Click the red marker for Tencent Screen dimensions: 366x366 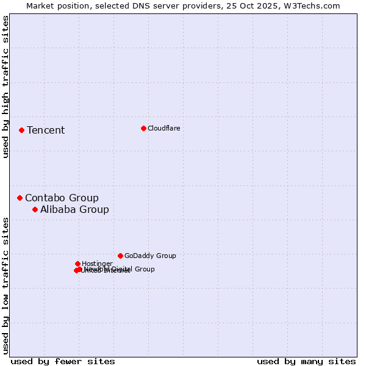(21, 130)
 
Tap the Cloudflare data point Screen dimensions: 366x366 (143, 128)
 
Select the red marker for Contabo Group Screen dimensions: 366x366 (20, 198)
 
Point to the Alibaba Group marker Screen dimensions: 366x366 (35, 209)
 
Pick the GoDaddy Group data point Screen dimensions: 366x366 (120, 256)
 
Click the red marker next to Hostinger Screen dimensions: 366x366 (77, 264)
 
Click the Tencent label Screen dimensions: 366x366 (46, 130)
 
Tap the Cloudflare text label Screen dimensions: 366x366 (163, 128)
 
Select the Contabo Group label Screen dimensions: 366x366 (62, 198)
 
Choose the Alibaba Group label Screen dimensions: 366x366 (74, 209)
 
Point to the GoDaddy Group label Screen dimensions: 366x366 (150, 256)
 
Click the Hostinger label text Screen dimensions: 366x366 (97, 264)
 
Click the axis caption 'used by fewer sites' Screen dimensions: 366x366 (63, 361)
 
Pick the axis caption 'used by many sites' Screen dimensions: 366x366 (306, 361)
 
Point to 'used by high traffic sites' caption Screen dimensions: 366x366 (5, 87)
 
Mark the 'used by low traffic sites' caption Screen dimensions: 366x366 (5, 285)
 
